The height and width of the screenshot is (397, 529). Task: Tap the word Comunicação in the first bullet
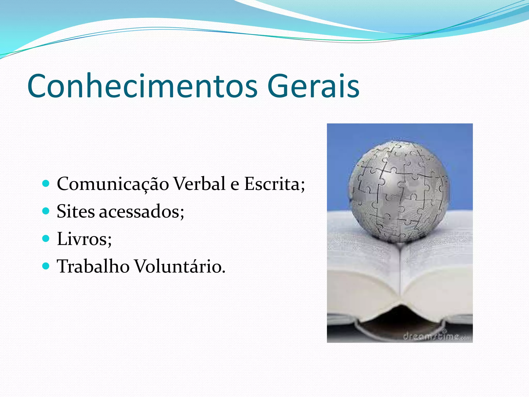pyautogui.click(x=113, y=184)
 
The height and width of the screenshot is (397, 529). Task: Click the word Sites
pyautogui.click(x=75, y=211)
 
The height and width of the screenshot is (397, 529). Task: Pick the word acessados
pyautogui.click(x=141, y=211)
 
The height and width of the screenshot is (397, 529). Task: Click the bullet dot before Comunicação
pyautogui.click(x=46, y=184)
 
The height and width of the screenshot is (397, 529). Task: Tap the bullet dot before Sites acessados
pyautogui.click(x=46, y=211)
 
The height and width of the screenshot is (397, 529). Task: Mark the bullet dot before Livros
pyautogui.click(x=46, y=238)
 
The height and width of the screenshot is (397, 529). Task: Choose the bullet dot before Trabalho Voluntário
pyautogui.click(x=46, y=266)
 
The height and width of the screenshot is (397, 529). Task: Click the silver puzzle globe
pyautogui.click(x=399, y=191)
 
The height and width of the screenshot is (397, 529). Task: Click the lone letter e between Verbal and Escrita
pyautogui.click(x=235, y=185)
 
